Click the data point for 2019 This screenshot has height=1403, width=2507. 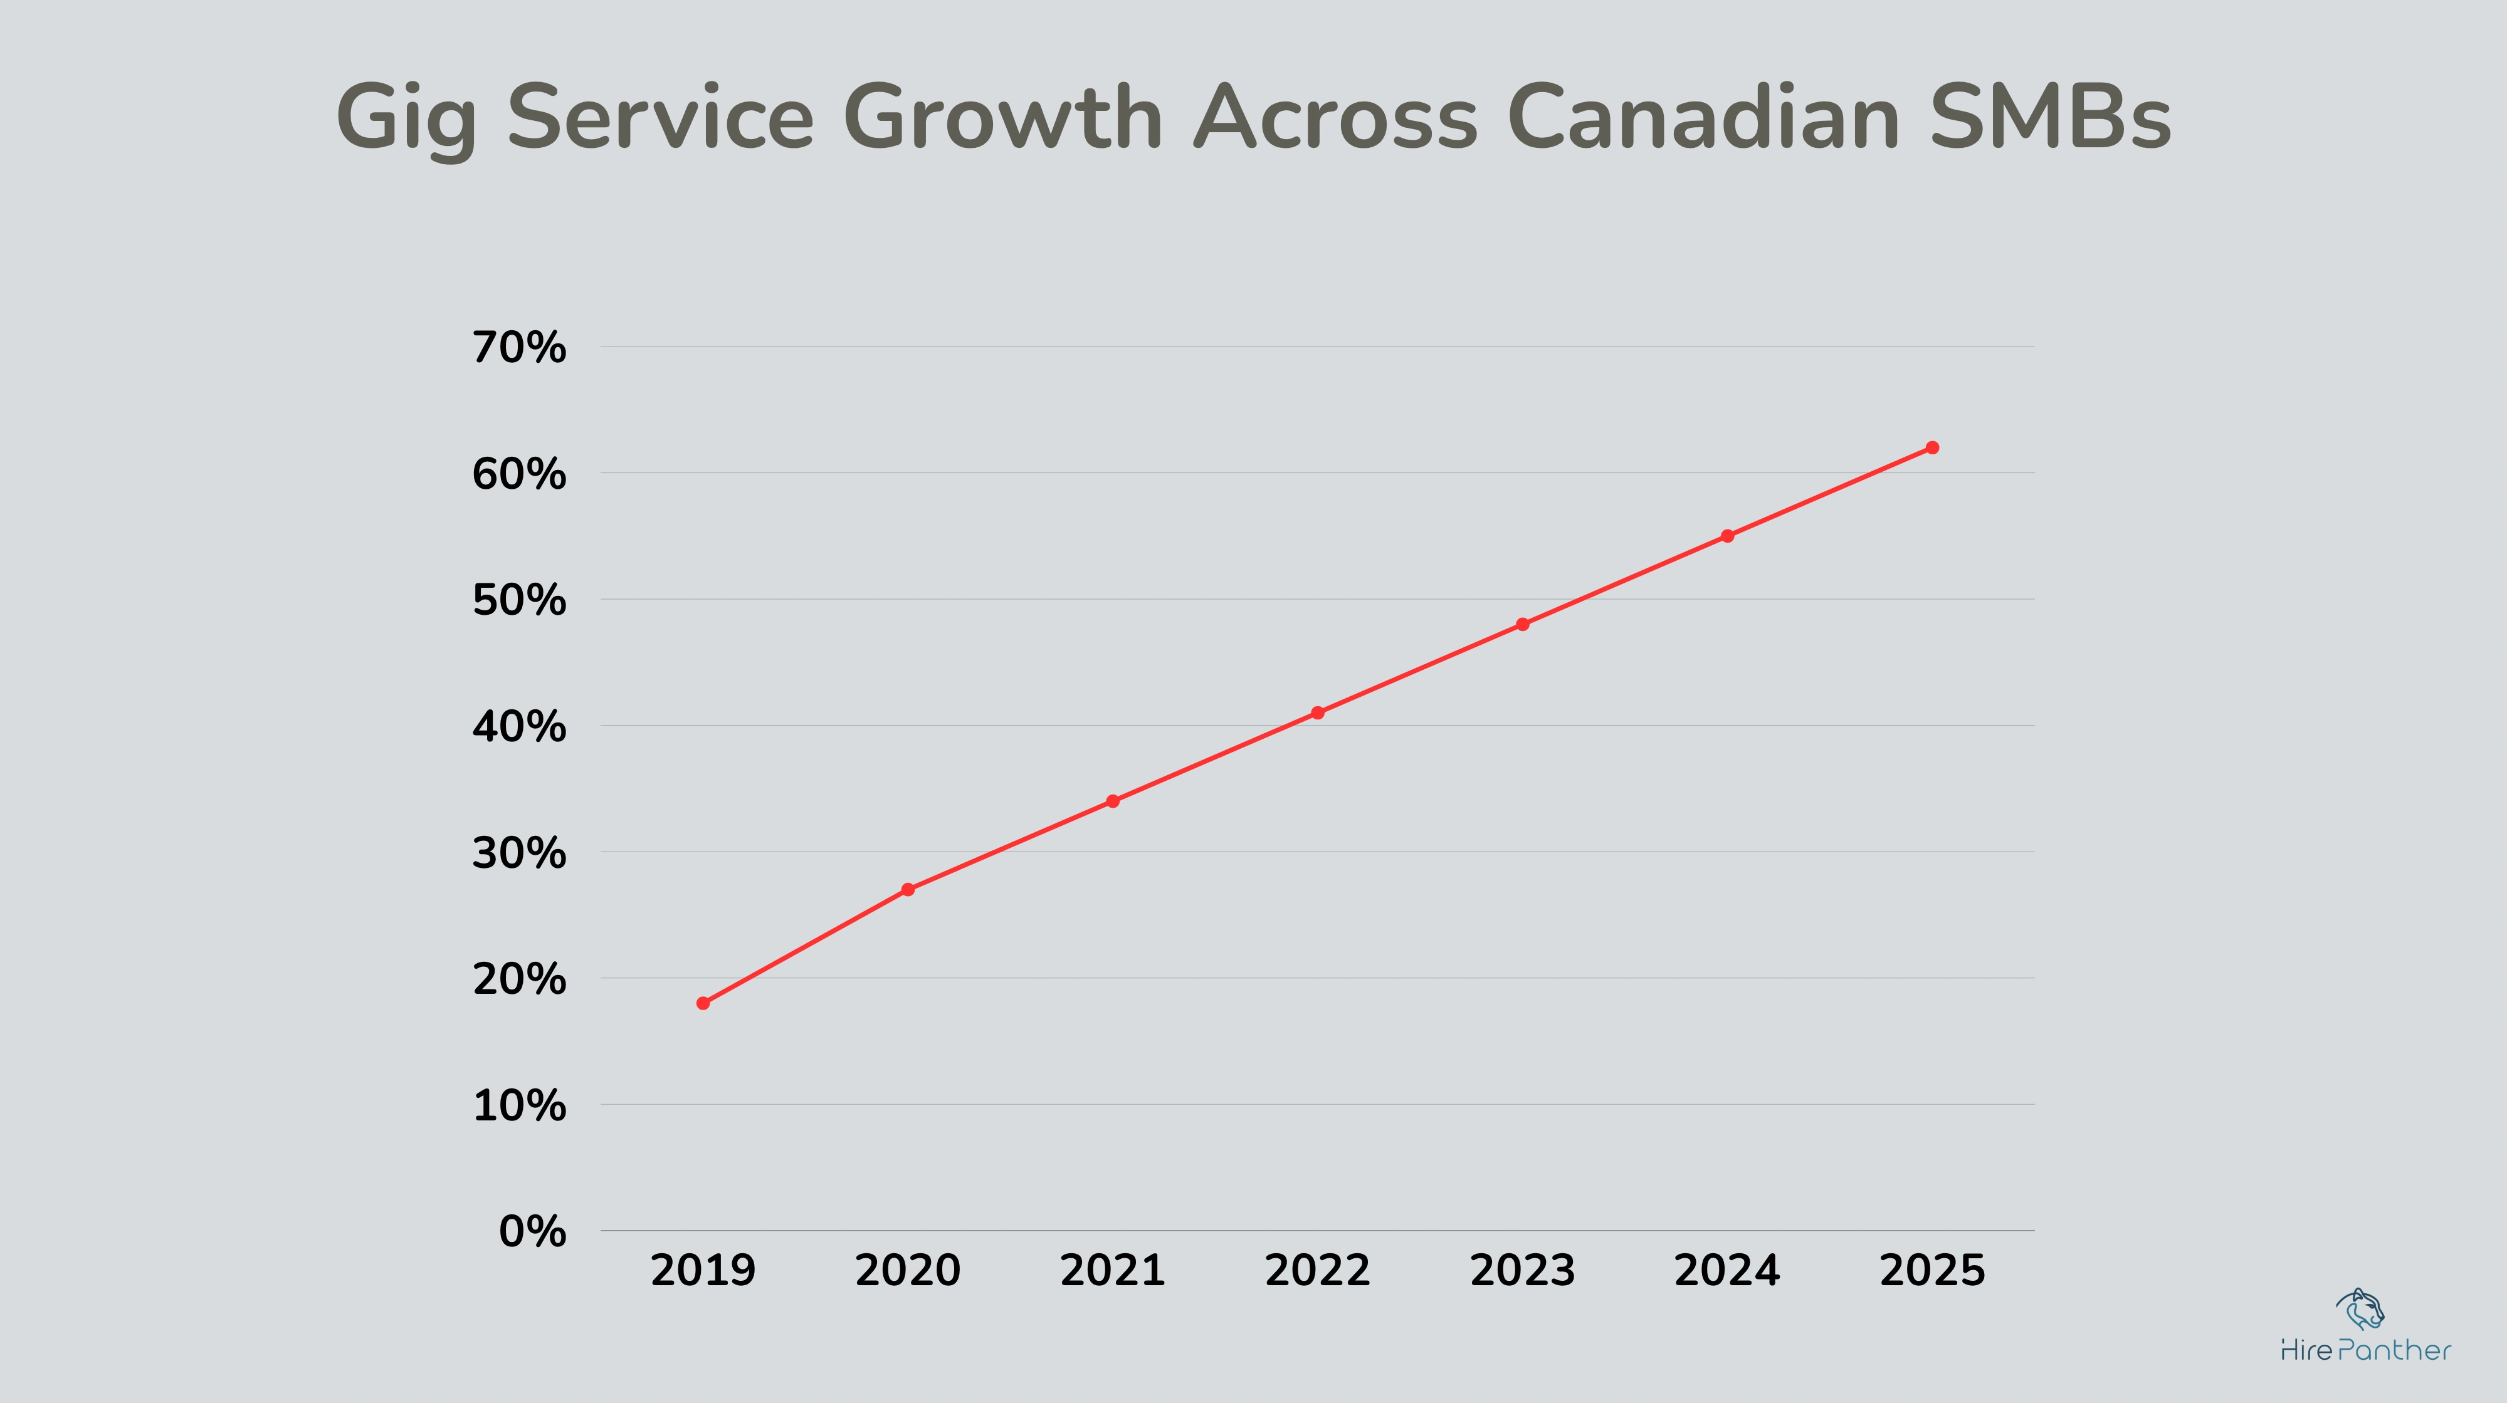click(x=703, y=1003)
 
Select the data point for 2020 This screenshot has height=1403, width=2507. click(x=908, y=889)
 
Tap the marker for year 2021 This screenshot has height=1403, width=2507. click(x=1112, y=801)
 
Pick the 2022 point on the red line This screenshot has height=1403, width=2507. click(x=1318, y=712)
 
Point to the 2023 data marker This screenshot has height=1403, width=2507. click(x=1522, y=623)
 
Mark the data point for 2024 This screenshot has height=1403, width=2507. click(x=1728, y=535)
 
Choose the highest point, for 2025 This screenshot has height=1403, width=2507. click(x=1932, y=447)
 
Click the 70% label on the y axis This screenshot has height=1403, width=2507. click(x=518, y=347)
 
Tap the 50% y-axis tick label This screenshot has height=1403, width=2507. click(x=518, y=600)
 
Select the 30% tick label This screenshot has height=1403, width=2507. click(x=518, y=853)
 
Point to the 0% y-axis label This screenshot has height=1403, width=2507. click(x=532, y=1232)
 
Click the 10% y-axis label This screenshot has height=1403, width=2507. click(x=518, y=1106)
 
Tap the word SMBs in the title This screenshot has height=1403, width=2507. click(x=2051, y=117)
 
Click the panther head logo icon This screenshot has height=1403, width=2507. click(x=2360, y=1310)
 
